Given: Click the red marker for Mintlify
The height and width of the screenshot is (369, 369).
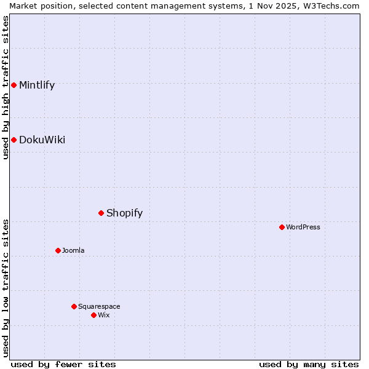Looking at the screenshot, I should coord(14,85).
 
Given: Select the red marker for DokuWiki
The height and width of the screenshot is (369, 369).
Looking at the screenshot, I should coord(14,140).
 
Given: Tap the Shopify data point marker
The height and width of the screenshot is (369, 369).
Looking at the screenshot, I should coord(101,213).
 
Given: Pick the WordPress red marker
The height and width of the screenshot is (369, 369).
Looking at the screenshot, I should coord(282,227).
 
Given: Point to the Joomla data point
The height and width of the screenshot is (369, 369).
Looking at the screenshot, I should coord(58,250).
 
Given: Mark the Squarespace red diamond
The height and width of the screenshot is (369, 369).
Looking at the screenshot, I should coord(74,306).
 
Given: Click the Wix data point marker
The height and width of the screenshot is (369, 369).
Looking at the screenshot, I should coord(93,315).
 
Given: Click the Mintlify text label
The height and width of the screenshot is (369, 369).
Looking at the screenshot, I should coord(37,85).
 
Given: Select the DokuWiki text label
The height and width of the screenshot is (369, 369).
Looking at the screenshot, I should coord(42,140).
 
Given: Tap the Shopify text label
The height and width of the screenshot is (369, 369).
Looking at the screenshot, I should coord(124,213).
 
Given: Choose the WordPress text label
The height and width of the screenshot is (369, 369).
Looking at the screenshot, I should coord(303,227).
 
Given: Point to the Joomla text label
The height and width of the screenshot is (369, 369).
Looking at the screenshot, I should coord(73,250).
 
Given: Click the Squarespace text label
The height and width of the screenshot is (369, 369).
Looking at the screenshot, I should coord(99,306).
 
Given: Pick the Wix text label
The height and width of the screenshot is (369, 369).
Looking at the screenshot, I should coord(104,315).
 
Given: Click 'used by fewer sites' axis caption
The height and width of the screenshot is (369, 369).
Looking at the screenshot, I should coord(63,364).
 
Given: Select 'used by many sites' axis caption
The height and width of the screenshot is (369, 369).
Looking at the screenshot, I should coord(309,364).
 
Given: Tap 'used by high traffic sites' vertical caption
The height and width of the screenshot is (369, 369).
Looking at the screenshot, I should coord(6,87).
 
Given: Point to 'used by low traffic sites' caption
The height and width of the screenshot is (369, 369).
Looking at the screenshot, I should coord(6,288).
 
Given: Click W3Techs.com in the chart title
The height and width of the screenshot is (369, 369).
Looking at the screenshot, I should coord(331,6).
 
